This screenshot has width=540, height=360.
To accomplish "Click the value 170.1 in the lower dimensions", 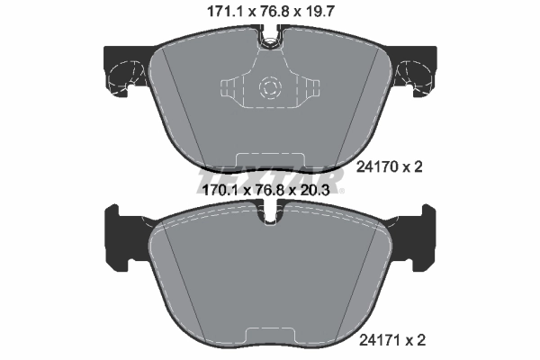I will tap(212, 190).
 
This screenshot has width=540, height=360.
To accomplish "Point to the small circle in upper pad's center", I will tap(270, 87).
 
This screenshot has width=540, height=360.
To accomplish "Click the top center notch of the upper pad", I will tap(270, 40).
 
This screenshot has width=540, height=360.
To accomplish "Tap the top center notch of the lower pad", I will tap(270, 217).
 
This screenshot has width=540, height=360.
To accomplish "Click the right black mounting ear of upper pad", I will tap(416, 69).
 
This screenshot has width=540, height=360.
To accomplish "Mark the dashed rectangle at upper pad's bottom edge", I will tap(270, 159).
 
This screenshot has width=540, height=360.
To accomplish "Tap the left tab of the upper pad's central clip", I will tap(229, 88).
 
